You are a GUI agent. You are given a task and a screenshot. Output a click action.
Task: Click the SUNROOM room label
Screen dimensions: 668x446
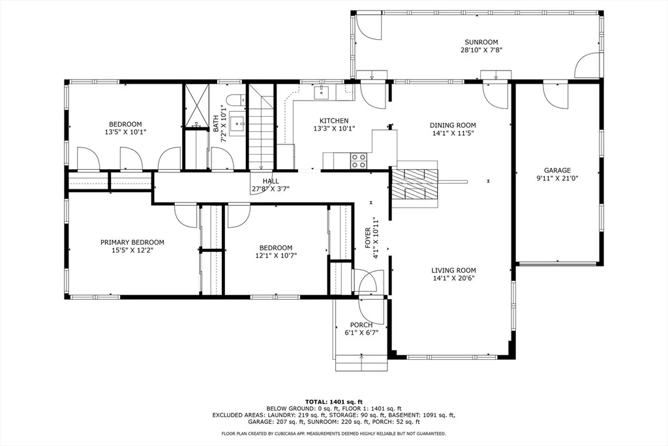point(481,42)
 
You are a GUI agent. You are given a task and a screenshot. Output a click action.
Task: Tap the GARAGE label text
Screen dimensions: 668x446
point(557,170)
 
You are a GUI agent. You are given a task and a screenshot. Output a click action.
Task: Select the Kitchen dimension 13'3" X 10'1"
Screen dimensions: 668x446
point(334,129)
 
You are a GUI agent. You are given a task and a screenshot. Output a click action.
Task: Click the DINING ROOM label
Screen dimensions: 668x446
point(453,125)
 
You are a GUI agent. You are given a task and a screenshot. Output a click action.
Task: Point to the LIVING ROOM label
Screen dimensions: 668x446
point(453,270)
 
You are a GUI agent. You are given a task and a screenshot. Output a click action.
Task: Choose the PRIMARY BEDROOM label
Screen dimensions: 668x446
point(132,242)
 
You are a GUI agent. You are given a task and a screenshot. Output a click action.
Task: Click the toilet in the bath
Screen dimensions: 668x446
point(235,101)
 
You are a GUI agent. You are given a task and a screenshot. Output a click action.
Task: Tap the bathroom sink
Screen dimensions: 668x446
point(237,123)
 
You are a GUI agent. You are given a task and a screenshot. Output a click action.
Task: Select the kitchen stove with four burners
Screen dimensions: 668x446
point(358,161)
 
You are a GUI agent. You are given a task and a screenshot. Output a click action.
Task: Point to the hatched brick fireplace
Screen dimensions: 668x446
point(415,184)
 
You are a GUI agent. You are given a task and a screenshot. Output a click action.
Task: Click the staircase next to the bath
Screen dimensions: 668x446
point(261,127)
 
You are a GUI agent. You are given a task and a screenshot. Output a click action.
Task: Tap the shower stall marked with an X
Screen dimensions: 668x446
point(196,105)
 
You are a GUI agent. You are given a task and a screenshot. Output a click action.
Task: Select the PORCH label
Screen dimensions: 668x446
point(361,325)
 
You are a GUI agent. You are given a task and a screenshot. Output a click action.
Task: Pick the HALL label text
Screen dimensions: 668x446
point(271,182)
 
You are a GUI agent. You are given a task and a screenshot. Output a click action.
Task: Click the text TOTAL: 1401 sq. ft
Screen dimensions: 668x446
point(333,402)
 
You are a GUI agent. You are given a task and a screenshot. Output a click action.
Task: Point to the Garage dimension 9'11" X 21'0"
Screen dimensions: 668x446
point(557,178)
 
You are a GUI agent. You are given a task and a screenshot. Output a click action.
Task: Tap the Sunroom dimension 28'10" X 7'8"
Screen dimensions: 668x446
point(481,50)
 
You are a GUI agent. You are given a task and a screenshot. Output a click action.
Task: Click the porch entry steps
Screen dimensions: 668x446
point(361,362)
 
